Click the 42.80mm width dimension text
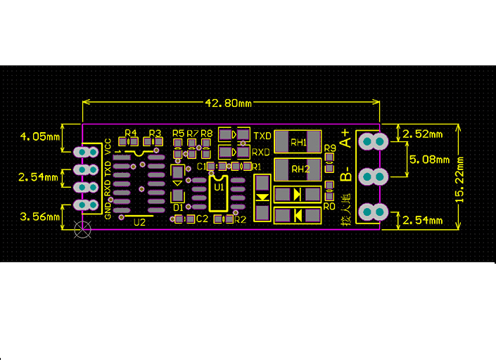(228, 103)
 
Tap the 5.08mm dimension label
(430, 160)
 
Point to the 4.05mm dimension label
(39, 136)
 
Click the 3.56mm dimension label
(39, 217)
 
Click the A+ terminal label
(345, 138)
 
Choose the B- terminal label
(345, 174)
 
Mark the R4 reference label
(131, 133)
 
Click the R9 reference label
(330, 148)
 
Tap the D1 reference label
(178, 207)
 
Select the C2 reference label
(202, 219)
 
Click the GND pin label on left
(108, 209)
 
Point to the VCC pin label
(108, 146)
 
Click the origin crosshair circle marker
(83, 229)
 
